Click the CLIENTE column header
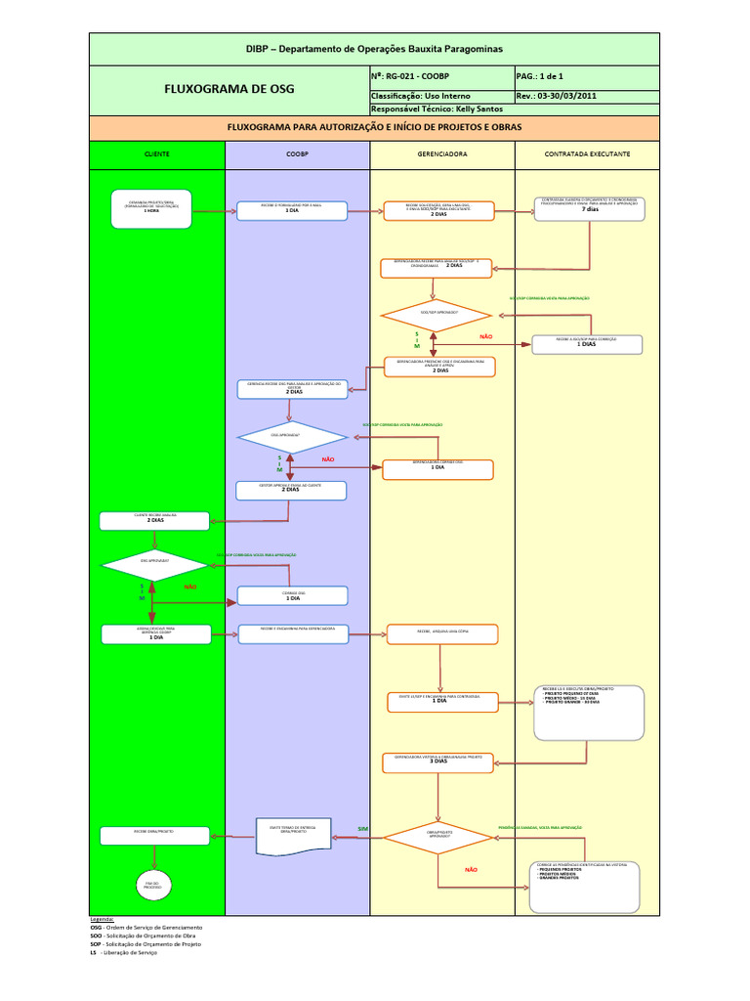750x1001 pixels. click(x=156, y=154)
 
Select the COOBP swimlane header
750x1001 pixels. click(x=297, y=154)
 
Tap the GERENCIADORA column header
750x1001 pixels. click(x=441, y=154)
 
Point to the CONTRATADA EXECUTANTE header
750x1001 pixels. click(x=587, y=154)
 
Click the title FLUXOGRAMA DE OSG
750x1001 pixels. click(x=229, y=89)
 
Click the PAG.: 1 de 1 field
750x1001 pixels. click(x=541, y=75)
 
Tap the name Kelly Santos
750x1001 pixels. click(x=470, y=109)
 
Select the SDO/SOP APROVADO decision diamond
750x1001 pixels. click(x=437, y=315)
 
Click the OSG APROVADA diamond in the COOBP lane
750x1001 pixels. click(x=292, y=437)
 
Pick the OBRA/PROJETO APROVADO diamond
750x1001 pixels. click(x=437, y=837)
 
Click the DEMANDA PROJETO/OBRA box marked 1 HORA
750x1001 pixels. click(x=151, y=208)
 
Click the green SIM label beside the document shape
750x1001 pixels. click(x=363, y=829)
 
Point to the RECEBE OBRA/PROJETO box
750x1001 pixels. click(x=154, y=836)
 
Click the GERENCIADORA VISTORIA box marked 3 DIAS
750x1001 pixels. click(x=437, y=760)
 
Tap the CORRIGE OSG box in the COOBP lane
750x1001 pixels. click(x=293, y=595)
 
